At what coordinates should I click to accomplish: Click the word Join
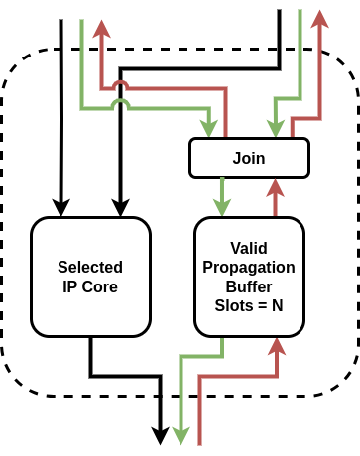(x=248, y=158)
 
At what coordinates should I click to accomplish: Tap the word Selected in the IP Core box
(x=90, y=267)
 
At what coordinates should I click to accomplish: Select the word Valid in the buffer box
(x=248, y=248)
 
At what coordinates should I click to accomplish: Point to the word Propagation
(x=248, y=267)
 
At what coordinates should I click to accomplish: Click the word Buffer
(x=248, y=286)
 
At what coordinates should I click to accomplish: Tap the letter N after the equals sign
(x=278, y=305)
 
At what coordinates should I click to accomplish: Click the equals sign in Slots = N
(x=263, y=305)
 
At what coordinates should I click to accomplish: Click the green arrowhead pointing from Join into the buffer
(x=222, y=207)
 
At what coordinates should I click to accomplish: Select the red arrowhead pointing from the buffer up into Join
(x=275, y=189)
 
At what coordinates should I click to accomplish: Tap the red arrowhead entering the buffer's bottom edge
(x=275, y=346)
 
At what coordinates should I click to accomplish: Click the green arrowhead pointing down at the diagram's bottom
(x=180, y=435)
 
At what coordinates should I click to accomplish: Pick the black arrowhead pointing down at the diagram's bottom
(x=160, y=435)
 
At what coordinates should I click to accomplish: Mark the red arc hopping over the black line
(x=121, y=86)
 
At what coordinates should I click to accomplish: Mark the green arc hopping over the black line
(x=121, y=104)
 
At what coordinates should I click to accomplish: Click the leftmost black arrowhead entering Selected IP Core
(x=61, y=208)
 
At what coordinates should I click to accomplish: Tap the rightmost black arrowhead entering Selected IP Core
(x=121, y=208)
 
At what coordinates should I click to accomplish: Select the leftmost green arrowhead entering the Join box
(x=208, y=129)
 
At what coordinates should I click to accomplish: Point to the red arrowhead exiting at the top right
(x=319, y=19)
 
